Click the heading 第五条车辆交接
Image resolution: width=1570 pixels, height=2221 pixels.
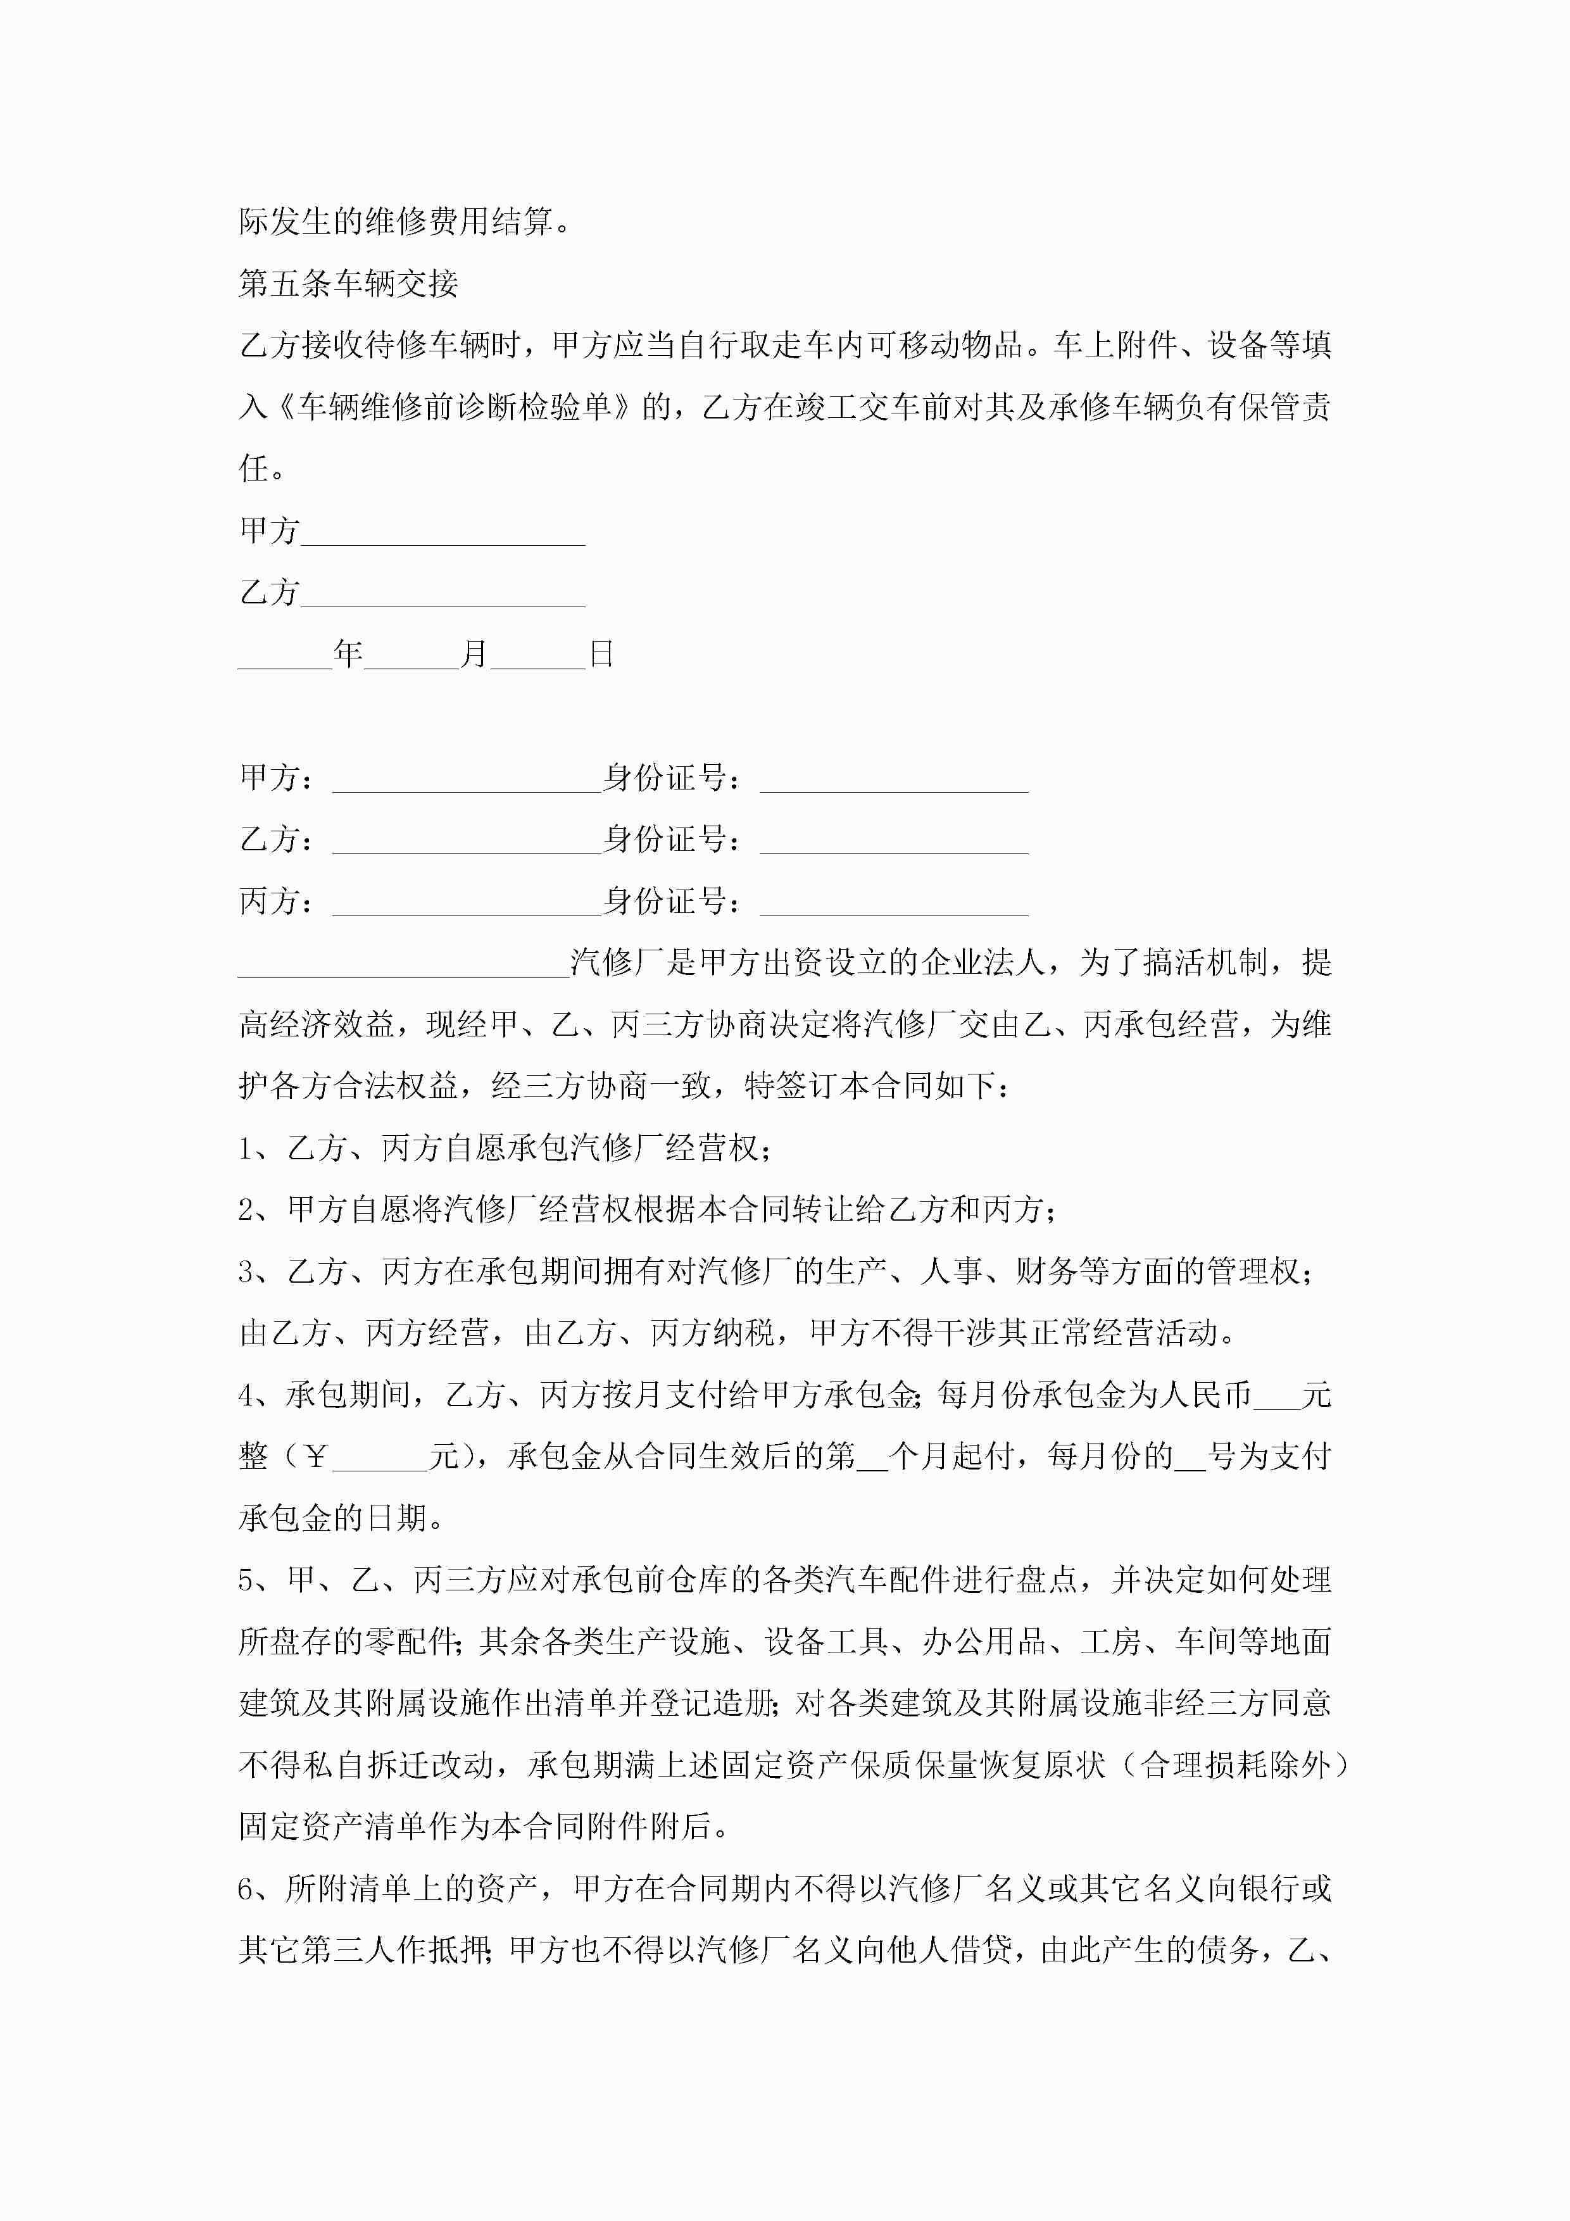pos(348,284)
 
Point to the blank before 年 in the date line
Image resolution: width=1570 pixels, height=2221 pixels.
pos(286,655)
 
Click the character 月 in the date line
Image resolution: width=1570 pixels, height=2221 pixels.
pos(474,655)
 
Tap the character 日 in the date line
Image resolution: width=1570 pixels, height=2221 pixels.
pos(601,655)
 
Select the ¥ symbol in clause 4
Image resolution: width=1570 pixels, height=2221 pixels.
pos(315,1457)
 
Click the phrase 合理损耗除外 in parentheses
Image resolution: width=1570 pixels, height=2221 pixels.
pos(1235,1765)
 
